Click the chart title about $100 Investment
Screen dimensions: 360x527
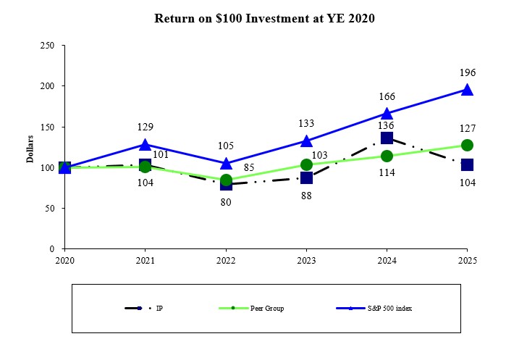coord(264,18)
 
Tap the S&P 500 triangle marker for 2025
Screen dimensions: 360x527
coord(467,90)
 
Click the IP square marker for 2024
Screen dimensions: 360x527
coord(387,138)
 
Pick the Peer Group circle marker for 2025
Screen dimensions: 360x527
coord(467,145)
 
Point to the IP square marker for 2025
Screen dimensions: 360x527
coord(467,164)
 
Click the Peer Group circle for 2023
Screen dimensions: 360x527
coord(306,164)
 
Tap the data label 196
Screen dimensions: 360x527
coord(467,73)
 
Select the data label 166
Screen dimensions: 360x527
coord(387,97)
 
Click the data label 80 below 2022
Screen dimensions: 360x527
coord(226,203)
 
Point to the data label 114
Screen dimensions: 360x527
coord(387,172)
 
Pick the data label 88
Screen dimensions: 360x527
coord(306,195)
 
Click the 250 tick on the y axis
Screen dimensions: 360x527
coord(49,46)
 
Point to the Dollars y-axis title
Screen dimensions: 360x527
coord(31,147)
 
